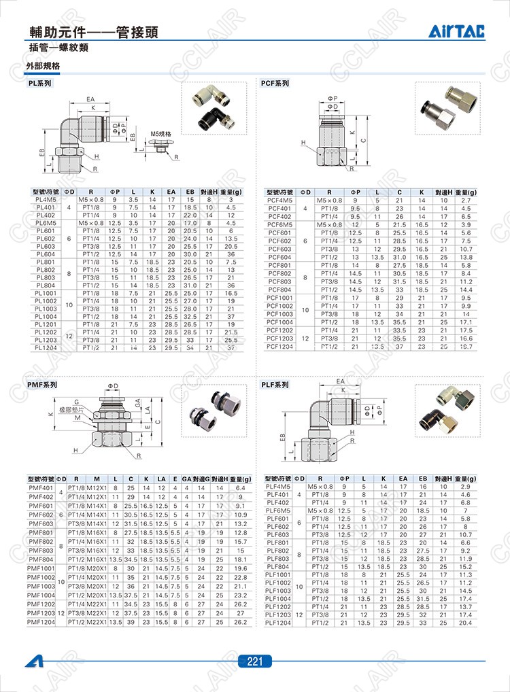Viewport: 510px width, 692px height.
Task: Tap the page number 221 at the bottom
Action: (x=255, y=661)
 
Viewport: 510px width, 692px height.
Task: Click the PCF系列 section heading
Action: (x=275, y=84)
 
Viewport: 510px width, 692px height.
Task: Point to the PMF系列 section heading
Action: (x=41, y=385)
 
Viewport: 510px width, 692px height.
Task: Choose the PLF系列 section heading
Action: (x=275, y=385)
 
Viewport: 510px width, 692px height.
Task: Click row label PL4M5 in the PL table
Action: (x=45, y=200)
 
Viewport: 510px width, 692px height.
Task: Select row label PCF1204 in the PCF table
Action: (x=279, y=346)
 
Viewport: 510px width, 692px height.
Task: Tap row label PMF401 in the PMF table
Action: (x=41, y=488)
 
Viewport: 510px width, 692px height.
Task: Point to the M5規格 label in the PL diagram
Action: (x=160, y=134)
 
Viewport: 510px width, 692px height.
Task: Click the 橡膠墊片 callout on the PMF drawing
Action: (x=71, y=411)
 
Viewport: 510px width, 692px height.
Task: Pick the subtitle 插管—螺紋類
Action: (x=59, y=48)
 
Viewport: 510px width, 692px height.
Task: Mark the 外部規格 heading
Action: (x=43, y=67)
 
